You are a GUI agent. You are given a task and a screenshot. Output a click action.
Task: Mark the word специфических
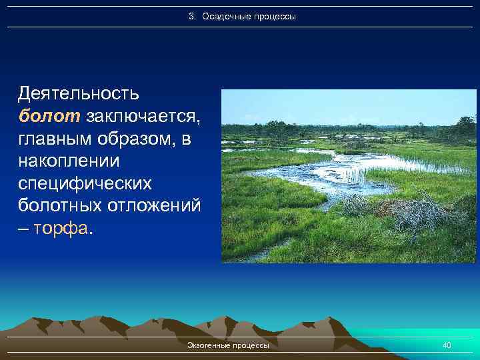click(x=85, y=184)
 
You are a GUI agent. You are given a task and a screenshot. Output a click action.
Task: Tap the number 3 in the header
click(x=191, y=16)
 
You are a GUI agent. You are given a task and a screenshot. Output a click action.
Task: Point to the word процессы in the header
click(x=273, y=16)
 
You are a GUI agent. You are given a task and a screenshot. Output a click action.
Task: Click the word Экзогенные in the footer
click(x=209, y=345)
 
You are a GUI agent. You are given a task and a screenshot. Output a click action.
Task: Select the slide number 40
click(x=447, y=345)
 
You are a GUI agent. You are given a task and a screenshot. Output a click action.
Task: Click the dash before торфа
click(x=23, y=230)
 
